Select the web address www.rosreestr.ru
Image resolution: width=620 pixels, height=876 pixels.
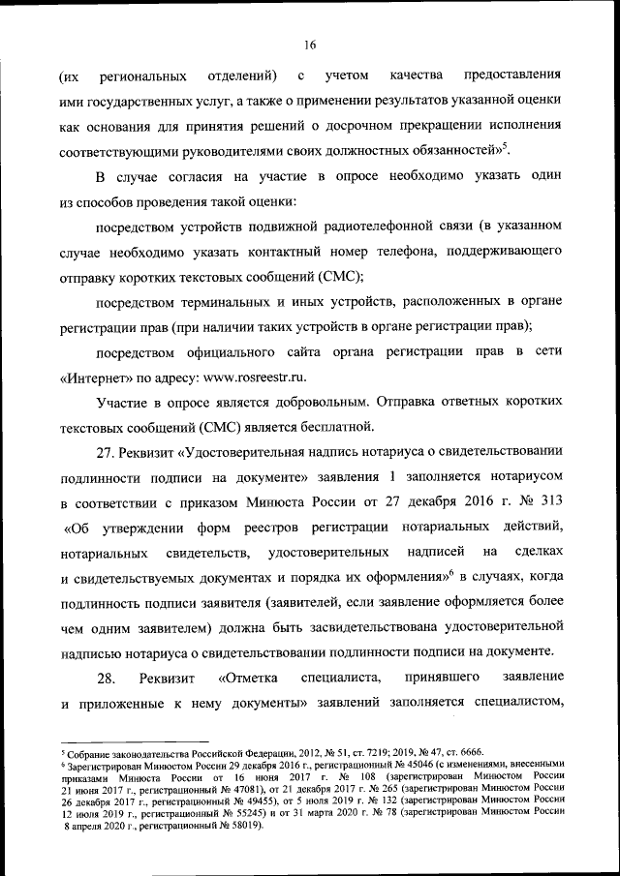click(x=241, y=374)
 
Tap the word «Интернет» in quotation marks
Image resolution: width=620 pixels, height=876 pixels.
click(x=96, y=374)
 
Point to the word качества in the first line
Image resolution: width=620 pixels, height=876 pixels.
click(x=416, y=75)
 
